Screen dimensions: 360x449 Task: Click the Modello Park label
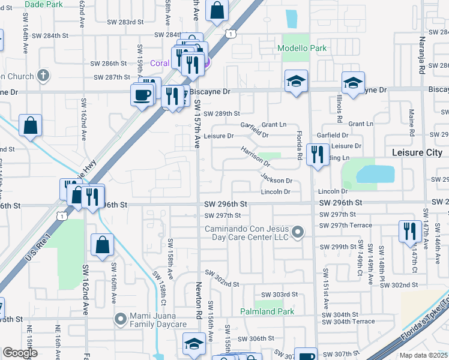(x=301, y=48)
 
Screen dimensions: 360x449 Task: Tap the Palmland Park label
(x=267, y=311)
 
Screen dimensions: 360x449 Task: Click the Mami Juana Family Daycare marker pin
(x=121, y=318)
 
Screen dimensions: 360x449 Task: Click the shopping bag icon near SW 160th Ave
(x=102, y=244)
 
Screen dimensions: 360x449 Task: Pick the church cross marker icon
(x=42, y=76)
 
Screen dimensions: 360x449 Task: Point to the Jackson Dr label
(x=276, y=179)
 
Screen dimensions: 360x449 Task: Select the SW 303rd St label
(x=282, y=294)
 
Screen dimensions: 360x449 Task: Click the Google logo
(x=19, y=353)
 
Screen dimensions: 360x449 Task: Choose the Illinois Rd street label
(x=340, y=103)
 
